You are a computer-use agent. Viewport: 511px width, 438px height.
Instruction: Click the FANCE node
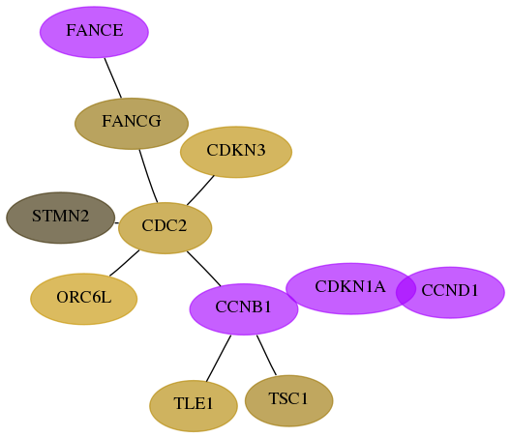94,32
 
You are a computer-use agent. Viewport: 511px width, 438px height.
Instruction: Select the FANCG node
132,124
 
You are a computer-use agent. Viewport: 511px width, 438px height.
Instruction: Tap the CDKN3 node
236,152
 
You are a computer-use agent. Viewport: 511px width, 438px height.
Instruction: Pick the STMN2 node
61,218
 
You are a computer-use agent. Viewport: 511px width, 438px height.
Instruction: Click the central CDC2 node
165,228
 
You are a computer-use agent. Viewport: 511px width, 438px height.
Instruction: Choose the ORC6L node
84,299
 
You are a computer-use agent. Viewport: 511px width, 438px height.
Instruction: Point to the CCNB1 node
244,309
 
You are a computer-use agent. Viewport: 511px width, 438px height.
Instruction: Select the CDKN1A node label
350,286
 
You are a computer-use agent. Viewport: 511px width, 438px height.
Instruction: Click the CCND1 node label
450,290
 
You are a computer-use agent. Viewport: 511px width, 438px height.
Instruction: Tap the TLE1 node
194,406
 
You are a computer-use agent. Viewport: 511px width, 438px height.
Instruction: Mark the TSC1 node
288,400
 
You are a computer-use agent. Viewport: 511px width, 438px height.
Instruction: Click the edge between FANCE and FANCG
113,77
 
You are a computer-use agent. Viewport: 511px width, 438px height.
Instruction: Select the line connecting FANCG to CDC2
148,176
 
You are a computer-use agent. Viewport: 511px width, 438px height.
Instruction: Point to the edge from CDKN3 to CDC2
200,190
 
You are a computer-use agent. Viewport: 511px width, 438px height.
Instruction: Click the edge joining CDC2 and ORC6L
124,263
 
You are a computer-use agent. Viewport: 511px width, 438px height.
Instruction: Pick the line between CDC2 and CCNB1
203,269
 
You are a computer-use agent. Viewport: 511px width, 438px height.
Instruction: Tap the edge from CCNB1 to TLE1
219,358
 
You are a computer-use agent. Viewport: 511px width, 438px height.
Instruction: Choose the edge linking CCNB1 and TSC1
266,355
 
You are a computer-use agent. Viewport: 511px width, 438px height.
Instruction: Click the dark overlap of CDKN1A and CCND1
406,290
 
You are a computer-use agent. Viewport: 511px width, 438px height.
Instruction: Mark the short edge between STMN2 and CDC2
117,223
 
